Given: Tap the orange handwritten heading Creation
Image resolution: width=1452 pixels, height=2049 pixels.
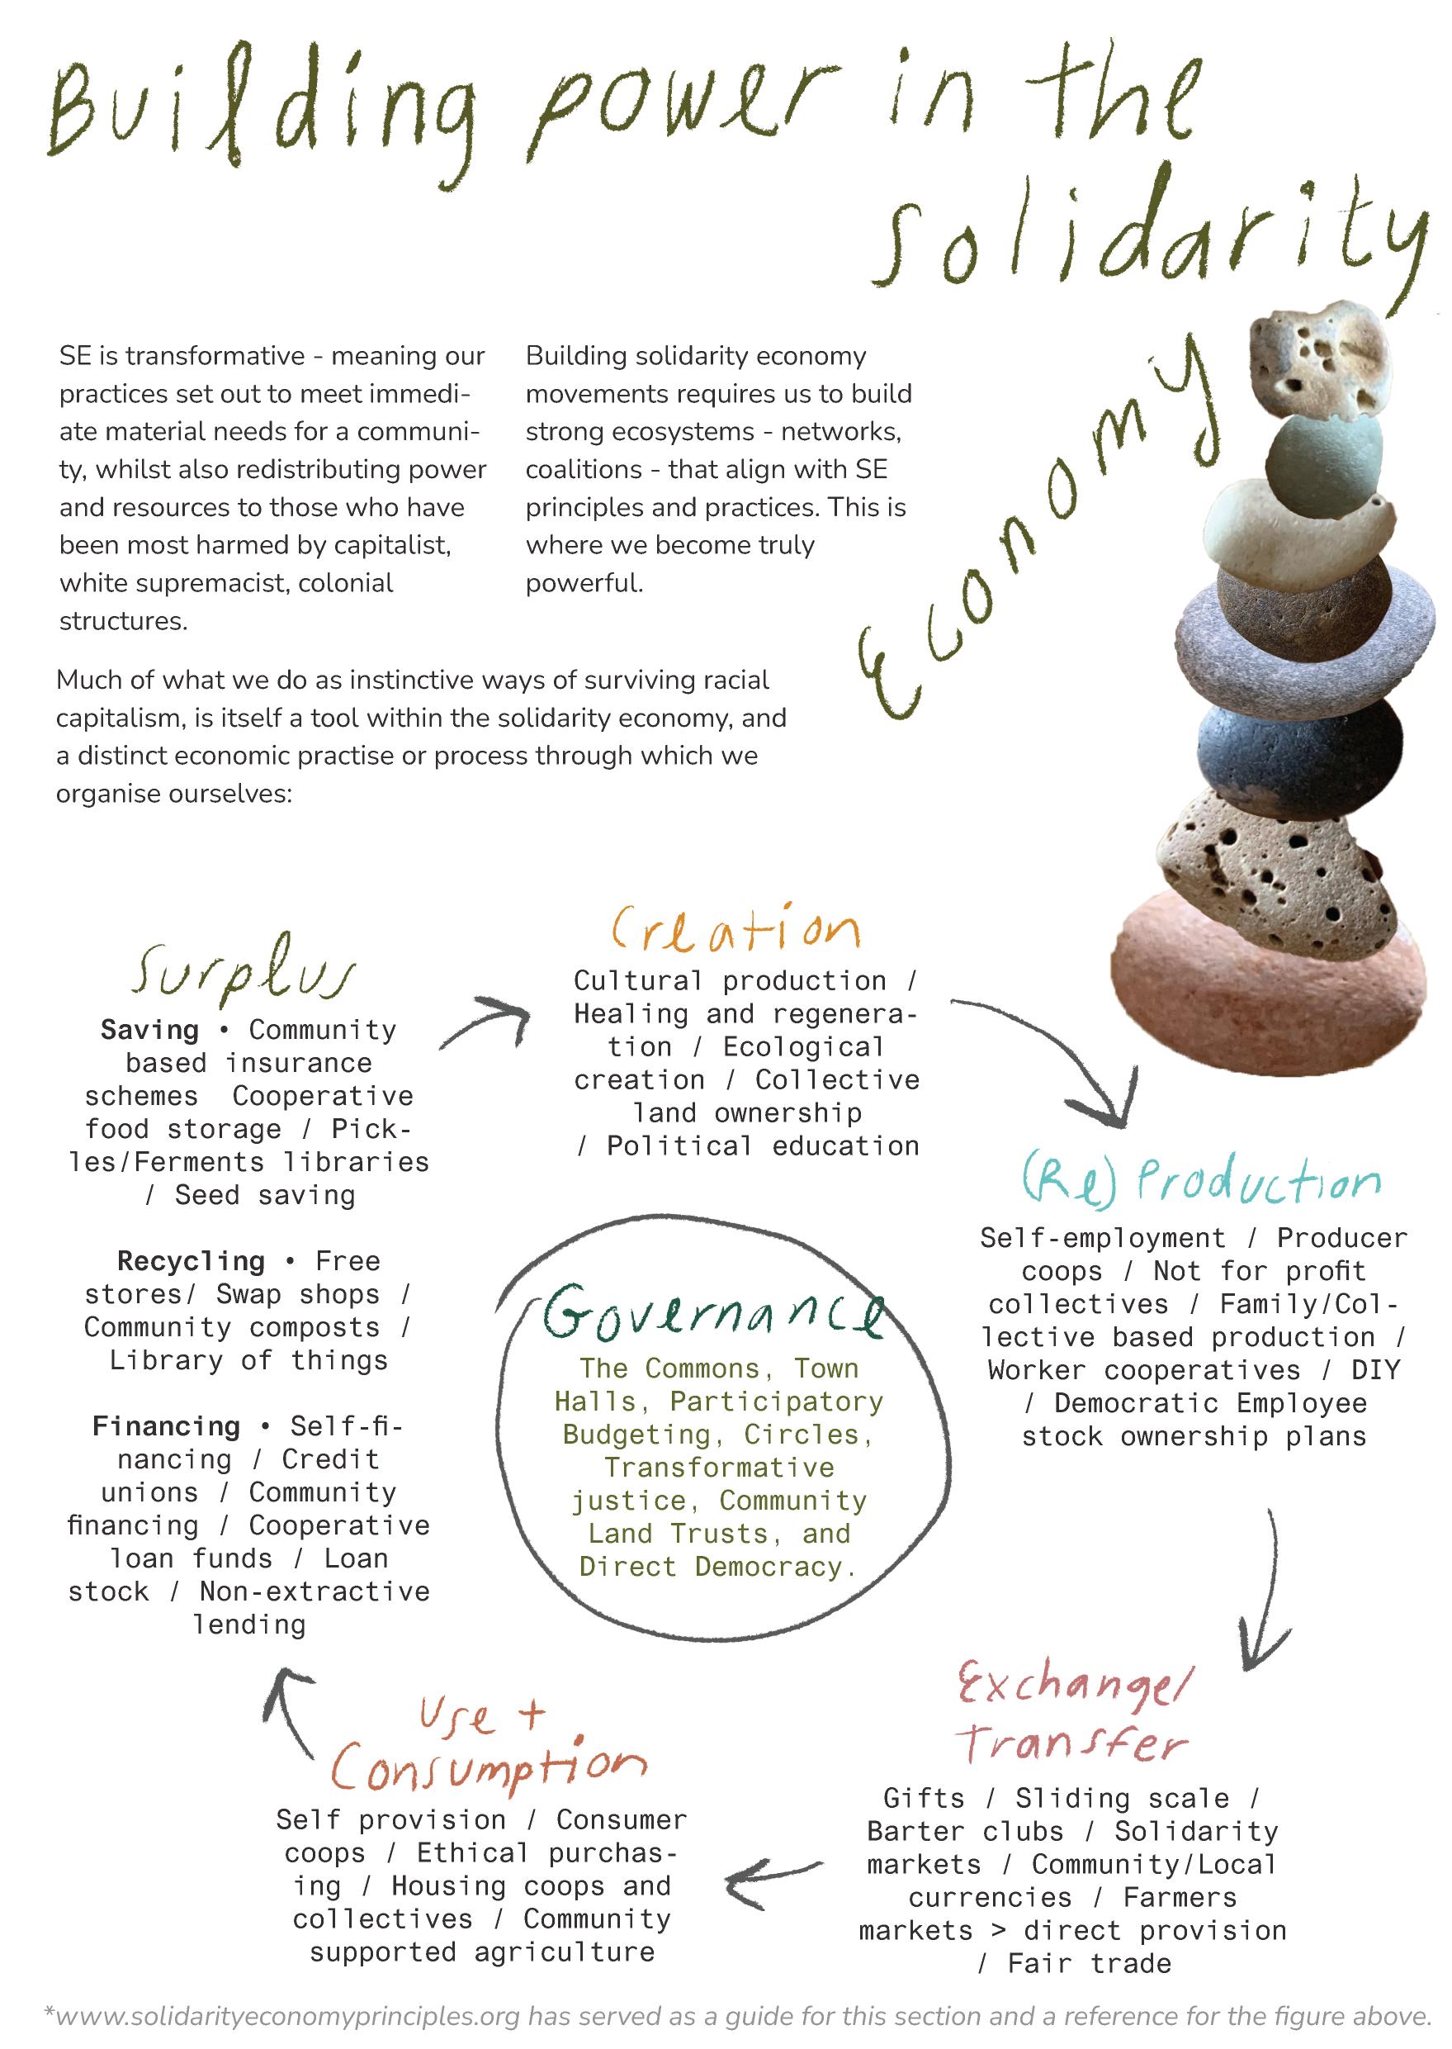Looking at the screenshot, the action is tap(735, 929).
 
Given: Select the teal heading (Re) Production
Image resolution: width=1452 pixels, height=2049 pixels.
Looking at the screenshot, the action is tap(1201, 1183).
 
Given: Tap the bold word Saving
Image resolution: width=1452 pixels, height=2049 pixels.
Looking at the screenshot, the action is tap(149, 1031).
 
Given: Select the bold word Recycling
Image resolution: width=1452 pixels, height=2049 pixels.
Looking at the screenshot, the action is tap(191, 1261).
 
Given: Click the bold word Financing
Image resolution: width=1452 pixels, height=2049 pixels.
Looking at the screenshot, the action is tap(166, 1426).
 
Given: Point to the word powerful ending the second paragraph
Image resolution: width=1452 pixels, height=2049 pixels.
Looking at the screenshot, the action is tap(584, 583).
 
